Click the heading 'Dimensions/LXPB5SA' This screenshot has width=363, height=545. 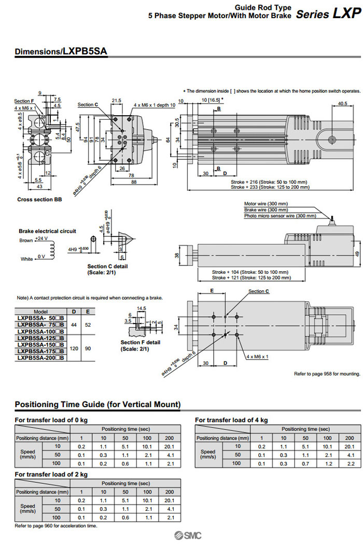click(x=61, y=52)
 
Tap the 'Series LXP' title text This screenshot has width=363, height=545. click(x=328, y=14)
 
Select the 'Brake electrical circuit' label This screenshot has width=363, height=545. click(x=47, y=231)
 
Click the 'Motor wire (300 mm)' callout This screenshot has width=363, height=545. click(x=266, y=204)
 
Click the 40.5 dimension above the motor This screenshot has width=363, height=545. click(x=342, y=103)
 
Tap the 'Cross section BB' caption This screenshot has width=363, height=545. click(x=39, y=199)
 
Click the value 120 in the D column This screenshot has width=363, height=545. click(x=75, y=348)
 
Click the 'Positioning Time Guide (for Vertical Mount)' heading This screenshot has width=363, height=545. click(x=97, y=404)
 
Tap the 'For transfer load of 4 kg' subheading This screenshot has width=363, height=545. click(x=231, y=420)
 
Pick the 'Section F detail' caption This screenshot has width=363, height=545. click(x=140, y=342)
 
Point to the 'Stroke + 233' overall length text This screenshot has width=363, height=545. click(x=269, y=187)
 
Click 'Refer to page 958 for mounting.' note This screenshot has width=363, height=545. click(x=327, y=373)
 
